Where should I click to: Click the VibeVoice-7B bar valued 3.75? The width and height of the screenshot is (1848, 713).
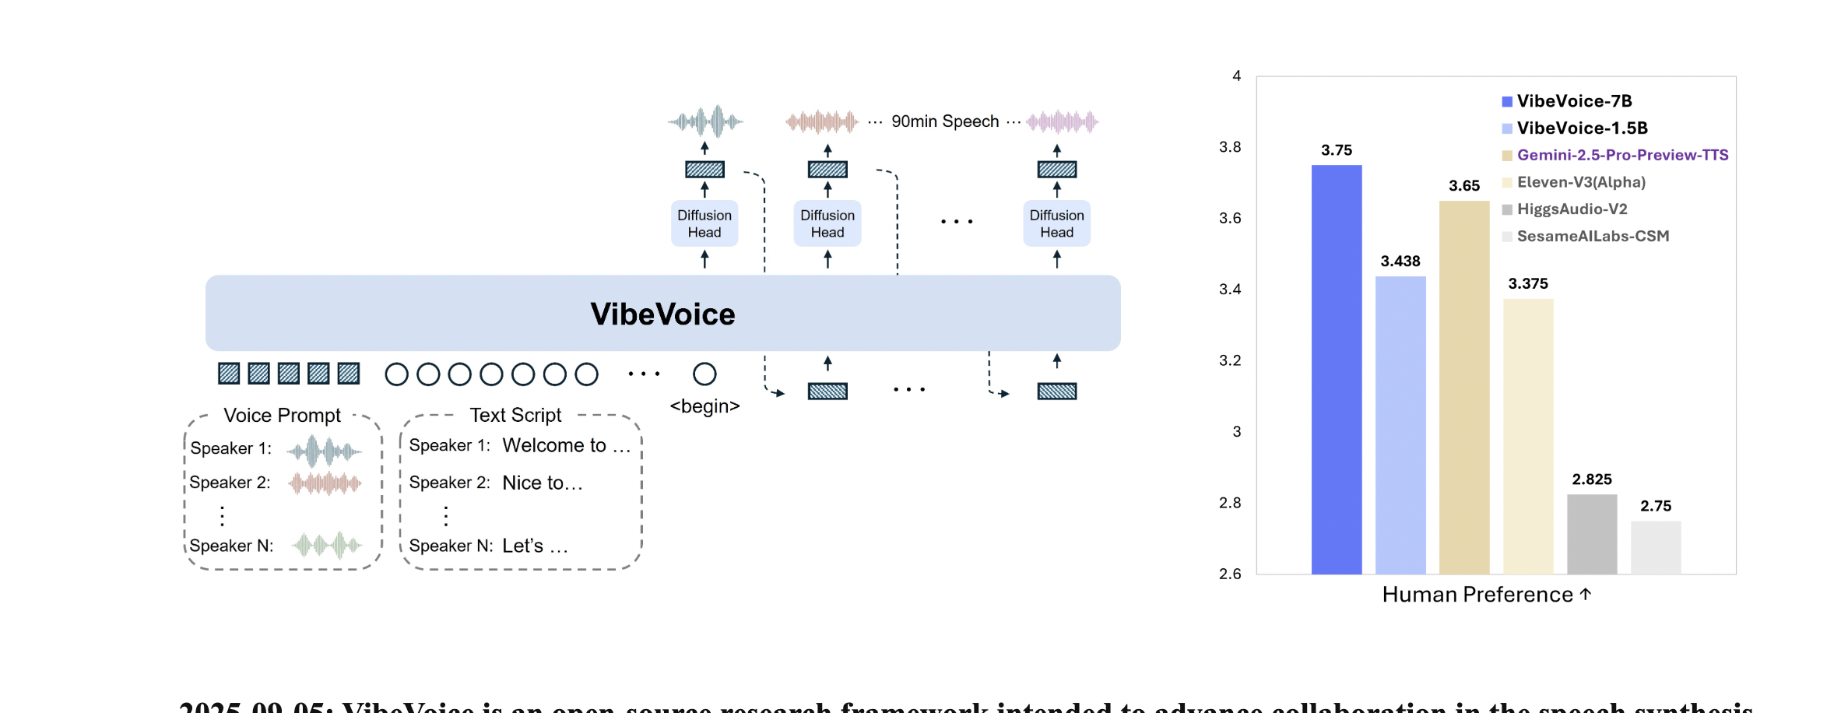1336,370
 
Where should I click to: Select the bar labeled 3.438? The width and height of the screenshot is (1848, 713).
1400,425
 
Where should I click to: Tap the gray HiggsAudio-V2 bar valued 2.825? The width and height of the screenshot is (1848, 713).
1591,534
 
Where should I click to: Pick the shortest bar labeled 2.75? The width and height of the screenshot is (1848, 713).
1655,547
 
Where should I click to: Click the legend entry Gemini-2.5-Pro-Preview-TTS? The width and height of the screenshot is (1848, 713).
1621,155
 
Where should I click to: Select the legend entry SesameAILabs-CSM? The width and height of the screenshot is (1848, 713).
1592,236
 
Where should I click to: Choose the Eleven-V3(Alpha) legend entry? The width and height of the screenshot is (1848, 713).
1580,182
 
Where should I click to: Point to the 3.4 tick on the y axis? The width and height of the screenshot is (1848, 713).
1230,290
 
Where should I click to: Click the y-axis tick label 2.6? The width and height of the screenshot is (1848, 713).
1230,574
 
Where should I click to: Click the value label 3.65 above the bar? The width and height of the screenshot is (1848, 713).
1463,185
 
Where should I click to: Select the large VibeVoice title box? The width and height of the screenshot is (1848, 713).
662,313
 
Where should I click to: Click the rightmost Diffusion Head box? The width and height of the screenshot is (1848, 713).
1056,223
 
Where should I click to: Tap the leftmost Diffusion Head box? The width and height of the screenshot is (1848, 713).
704,223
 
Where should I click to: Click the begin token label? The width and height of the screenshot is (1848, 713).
704,406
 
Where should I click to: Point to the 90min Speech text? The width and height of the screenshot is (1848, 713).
944,121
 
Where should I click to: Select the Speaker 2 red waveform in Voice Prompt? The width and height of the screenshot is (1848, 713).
325,483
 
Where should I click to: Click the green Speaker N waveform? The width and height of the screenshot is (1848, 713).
327,545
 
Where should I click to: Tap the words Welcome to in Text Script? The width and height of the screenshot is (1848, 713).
553,445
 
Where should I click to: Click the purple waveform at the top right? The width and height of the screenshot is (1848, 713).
1062,121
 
